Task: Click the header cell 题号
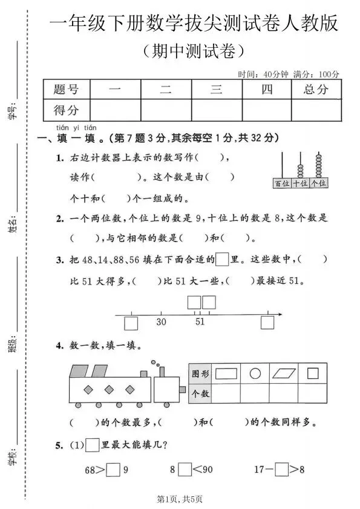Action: click(66, 90)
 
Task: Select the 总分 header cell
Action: click(315, 90)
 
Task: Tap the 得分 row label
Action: click(66, 110)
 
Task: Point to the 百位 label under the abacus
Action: click(281, 183)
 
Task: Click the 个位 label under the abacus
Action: click(318, 183)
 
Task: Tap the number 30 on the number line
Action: click(161, 322)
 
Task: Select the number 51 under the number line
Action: click(200, 322)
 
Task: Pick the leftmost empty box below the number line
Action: click(131, 323)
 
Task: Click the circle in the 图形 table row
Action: click(255, 373)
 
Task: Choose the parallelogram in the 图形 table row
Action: click(284, 373)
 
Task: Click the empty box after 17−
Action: click(281, 469)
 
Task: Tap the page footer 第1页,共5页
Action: click(180, 499)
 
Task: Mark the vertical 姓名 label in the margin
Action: click(13, 223)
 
